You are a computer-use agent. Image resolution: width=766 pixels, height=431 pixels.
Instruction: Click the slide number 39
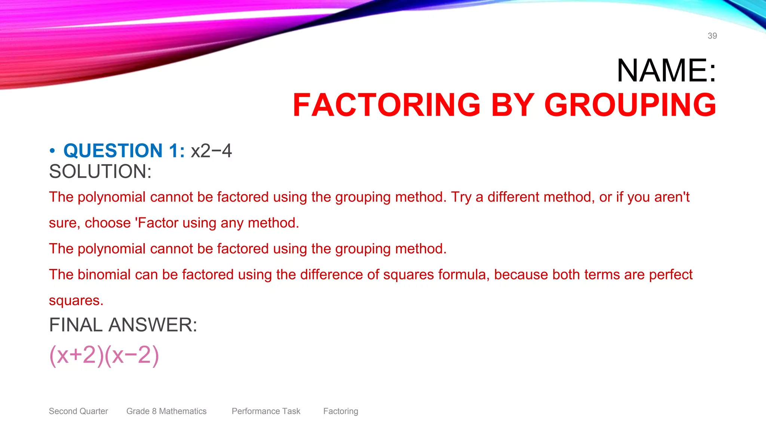pos(712,36)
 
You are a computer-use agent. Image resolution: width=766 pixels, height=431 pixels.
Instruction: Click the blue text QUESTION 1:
pos(124,151)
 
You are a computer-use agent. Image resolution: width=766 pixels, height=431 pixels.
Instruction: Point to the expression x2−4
pos(211,151)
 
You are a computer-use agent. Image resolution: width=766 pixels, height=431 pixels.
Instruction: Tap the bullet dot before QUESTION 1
pos(52,151)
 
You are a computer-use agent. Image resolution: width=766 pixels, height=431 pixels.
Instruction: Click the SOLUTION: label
pos(100,172)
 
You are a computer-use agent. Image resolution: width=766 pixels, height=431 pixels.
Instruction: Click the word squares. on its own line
pos(76,300)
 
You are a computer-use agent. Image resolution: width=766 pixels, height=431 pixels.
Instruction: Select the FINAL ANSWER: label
pos(123,325)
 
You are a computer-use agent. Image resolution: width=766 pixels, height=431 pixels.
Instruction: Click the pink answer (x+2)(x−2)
pos(104,355)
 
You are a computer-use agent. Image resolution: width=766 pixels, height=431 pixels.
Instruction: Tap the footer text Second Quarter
pos(78,411)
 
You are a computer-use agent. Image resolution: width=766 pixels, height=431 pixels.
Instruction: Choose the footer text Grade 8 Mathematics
pos(166,411)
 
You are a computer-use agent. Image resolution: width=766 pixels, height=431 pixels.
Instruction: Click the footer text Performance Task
pos(266,411)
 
